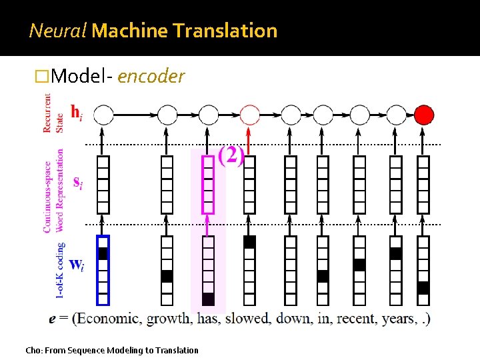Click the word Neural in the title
tap(57, 31)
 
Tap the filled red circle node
tap(423, 115)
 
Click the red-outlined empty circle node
tap(249, 115)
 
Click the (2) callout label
tap(231, 157)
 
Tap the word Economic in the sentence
tap(110, 319)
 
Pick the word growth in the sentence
tap(169, 319)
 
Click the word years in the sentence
tap(399, 319)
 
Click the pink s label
tap(77, 182)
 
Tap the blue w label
tap(77, 264)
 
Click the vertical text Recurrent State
tap(52, 113)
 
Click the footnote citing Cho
tap(111, 350)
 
